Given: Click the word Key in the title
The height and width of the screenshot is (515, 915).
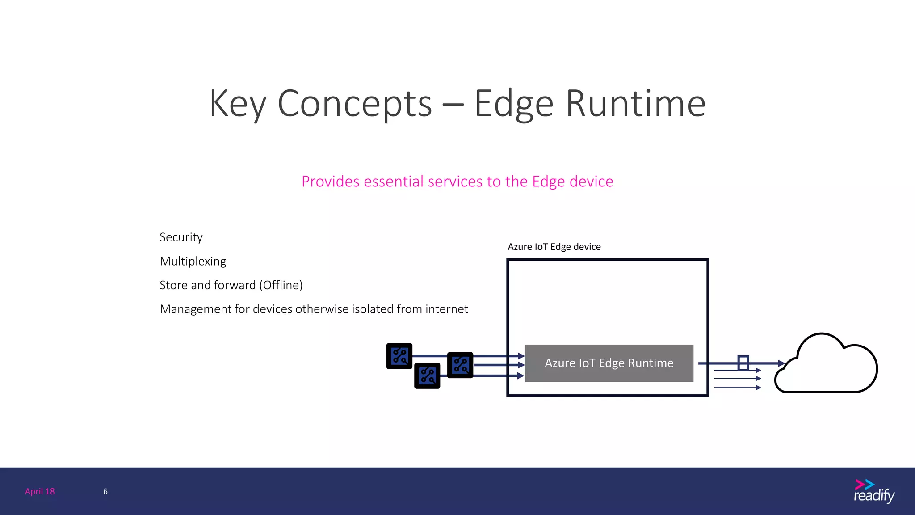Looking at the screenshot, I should click(237, 104).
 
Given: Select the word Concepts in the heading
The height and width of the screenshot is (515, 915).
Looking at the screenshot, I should click(355, 104).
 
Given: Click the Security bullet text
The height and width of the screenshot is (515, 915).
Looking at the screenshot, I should click(181, 237).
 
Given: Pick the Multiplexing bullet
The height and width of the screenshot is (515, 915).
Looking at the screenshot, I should click(193, 261).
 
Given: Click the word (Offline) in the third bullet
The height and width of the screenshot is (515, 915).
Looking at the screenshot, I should click(282, 285).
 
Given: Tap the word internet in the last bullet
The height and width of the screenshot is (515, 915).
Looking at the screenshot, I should click(446, 309).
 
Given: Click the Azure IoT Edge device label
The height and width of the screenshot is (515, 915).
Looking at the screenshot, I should click(554, 247).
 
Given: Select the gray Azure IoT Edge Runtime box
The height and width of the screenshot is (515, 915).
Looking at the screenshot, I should click(609, 363).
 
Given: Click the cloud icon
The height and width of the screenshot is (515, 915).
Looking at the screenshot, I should click(827, 367).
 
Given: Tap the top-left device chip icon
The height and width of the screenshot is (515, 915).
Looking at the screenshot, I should click(399, 356).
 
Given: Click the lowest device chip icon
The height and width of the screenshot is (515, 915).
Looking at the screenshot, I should click(427, 376).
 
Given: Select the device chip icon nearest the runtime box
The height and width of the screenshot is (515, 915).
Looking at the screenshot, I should click(460, 365).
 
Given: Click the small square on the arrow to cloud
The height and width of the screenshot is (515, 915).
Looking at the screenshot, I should click(743, 363).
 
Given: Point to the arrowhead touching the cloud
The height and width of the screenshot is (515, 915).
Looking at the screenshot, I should click(781, 363).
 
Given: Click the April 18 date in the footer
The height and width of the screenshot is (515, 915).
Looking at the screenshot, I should click(40, 491).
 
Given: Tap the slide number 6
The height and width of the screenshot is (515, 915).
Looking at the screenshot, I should click(105, 491).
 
